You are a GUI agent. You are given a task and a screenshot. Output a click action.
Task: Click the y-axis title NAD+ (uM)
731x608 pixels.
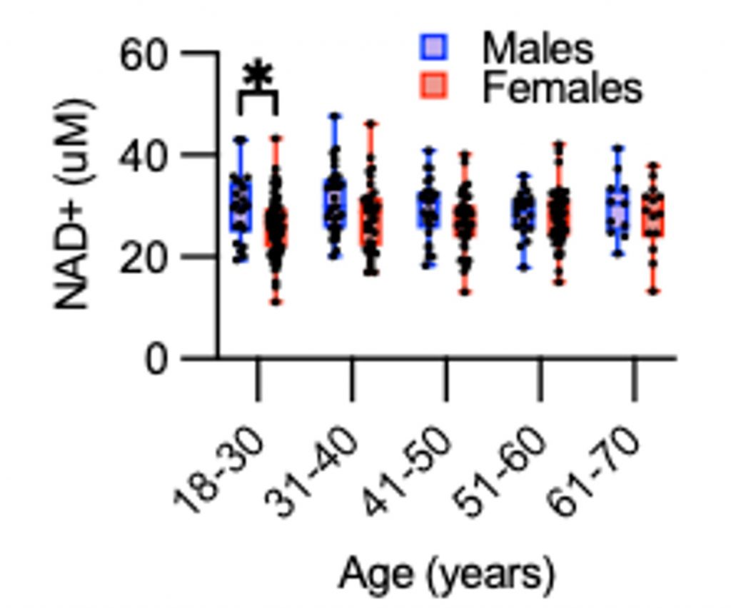click(x=74, y=205)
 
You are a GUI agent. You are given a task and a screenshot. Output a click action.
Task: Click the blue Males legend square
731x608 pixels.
click(x=433, y=48)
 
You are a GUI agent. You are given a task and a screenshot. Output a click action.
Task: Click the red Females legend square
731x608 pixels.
click(x=433, y=86)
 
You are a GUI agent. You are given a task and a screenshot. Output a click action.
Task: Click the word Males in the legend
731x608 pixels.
click(x=538, y=49)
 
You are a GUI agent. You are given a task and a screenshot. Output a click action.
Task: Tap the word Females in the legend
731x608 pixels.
click(x=563, y=87)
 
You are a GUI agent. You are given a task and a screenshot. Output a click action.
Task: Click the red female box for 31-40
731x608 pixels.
click(x=371, y=222)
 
